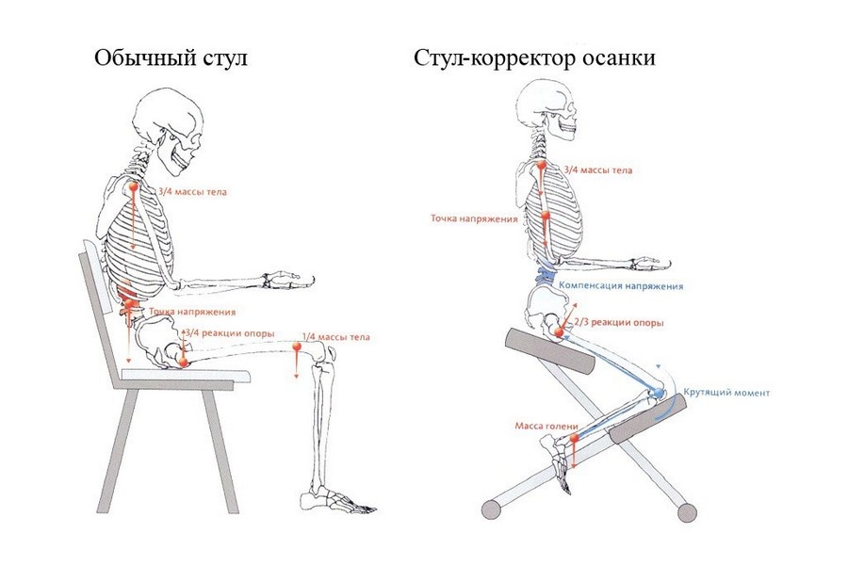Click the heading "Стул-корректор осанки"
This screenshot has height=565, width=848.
point(534,58)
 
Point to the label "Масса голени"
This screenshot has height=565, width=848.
point(545,426)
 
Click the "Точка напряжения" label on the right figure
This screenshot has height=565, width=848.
point(475,218)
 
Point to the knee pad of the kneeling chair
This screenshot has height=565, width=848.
point(645,420)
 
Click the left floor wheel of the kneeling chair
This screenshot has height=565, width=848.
point(491,509)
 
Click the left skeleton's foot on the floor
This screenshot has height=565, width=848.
point(334,500)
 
